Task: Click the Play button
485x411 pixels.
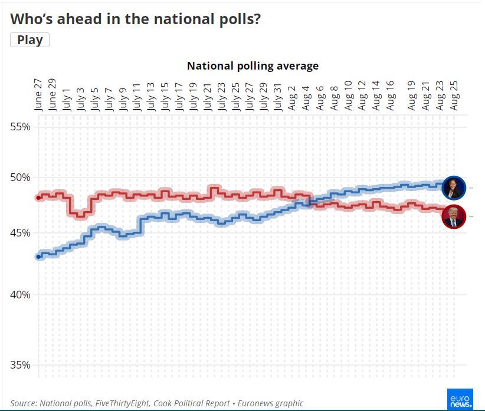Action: pos(30,40)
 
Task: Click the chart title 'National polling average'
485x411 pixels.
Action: pos(253,65)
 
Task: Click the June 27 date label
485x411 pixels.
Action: pos(38,94)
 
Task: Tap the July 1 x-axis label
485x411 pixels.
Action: pos(67,98)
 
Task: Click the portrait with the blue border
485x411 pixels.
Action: pos(454,188)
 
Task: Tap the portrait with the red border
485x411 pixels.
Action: pos(454,216)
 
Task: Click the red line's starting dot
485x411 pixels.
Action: pos(38,198)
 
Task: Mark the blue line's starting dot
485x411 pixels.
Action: pos(38,257)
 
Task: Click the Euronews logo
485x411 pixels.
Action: pos(460,400)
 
